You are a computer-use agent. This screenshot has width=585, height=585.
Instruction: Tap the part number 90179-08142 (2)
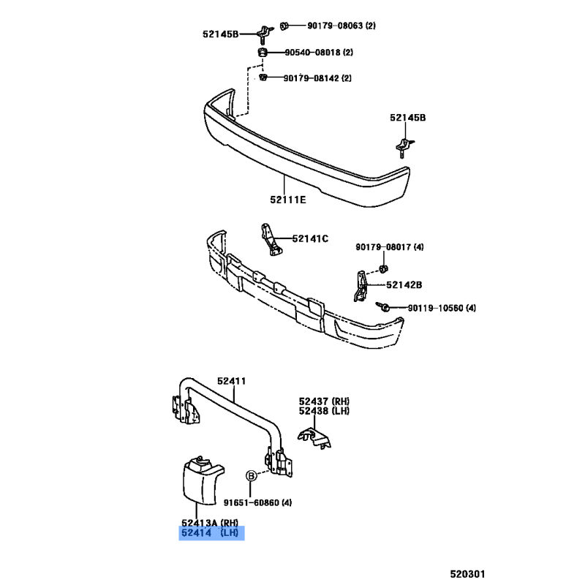(x=317, y=78)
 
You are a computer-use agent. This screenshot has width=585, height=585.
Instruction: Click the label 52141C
(x=310, y=238)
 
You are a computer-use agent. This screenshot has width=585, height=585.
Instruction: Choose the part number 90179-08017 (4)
(x=390, y=247)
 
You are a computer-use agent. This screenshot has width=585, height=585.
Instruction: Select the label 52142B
(x=404, y=284)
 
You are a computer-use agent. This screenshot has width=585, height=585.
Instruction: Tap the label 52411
(x=230, y=381)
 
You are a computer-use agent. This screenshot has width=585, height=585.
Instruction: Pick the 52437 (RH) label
(x=324, y=401)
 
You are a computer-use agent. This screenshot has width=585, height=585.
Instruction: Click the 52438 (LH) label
(x=324, y=411)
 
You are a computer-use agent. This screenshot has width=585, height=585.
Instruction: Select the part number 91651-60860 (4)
(x=258, y=502)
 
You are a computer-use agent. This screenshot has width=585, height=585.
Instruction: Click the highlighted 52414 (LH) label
(x=212, y=534)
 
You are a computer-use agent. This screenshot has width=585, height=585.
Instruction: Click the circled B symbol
(x=251, y=475)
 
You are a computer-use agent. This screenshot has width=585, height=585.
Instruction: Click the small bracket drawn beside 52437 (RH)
(x=312, y=437)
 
